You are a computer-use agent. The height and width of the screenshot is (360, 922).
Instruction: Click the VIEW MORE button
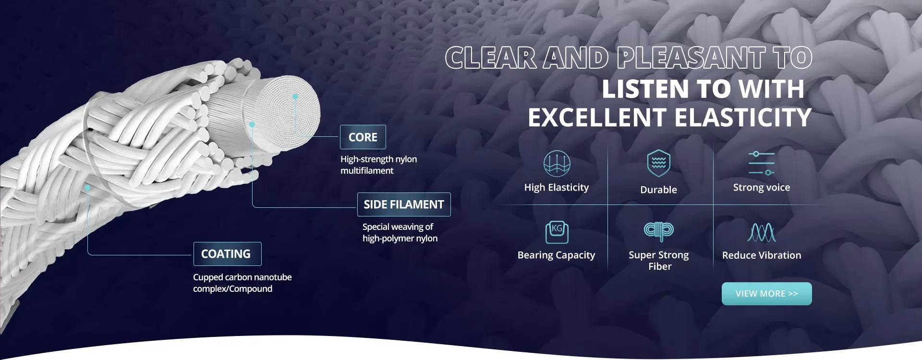766,294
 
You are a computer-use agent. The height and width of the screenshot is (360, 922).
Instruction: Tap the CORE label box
363,137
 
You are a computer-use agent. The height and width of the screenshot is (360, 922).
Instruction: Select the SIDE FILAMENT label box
404,204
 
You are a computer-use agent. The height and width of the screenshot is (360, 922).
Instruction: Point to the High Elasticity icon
557,163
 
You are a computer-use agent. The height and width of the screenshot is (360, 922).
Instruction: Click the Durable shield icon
658,163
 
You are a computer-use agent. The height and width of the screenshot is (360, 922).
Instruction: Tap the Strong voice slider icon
761,163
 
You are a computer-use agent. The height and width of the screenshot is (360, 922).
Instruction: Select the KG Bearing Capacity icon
557,232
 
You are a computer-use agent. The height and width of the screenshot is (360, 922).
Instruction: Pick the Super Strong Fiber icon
659,231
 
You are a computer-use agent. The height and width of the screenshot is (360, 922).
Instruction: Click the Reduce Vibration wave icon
762,232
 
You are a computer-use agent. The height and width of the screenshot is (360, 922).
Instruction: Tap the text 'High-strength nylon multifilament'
378,165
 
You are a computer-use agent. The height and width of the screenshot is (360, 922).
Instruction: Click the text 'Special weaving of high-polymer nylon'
400,232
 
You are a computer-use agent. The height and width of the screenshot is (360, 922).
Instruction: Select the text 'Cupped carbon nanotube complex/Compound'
242,283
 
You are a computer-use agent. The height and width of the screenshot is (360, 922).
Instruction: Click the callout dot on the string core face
295,96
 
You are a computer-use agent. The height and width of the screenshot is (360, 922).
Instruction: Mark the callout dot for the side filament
252,124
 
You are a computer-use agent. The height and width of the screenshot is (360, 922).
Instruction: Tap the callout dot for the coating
87,188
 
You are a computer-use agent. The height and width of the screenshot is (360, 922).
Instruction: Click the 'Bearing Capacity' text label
556,255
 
